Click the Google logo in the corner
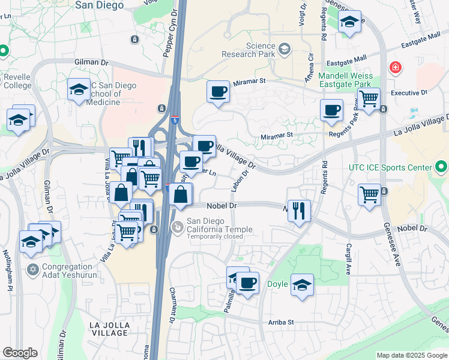tap(20, 353)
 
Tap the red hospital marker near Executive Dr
tap(395, 67)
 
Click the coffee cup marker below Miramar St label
tap(218, 92)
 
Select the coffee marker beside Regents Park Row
tap(331, 110)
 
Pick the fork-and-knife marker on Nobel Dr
tap(299, 211)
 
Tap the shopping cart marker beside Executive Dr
tap(370, 97)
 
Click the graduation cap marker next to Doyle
tap(303, 285)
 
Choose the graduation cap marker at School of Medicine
tap(79, 90)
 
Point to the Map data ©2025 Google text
tap(412, 355)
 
